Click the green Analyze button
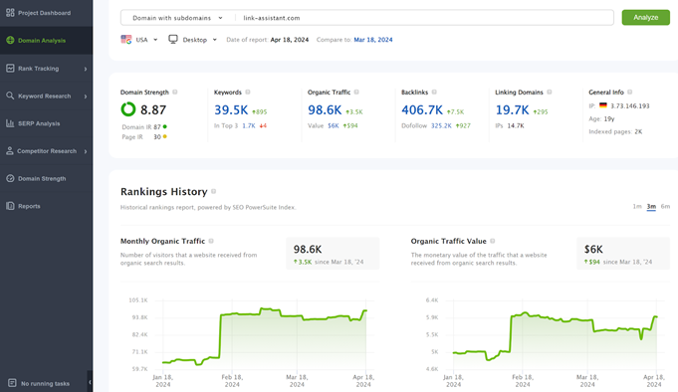(x=645, y=17)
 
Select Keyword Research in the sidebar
(x=44, y=97)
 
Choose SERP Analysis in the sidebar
(x=40, y=123)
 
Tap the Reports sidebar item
(x=29, y=206)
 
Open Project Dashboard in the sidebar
(x=44, y=13)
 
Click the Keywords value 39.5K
(x=231, y=110)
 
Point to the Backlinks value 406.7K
(x=423, y=110)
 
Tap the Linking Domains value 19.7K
(x=512, y=110)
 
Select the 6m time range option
(x=665, y=206)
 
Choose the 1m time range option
(x=637, y=206)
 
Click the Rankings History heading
(x=163, y=191)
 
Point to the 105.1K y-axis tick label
(x=137, y=299)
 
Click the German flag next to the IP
(x=602, y=105)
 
